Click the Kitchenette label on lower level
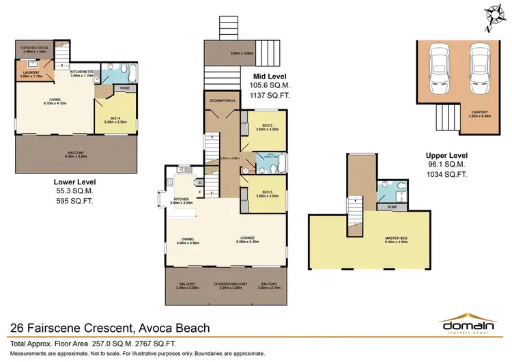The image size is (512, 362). pyautogui.click(x=81, y=74)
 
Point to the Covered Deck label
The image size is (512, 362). pyautogui.click(x=33, y=49)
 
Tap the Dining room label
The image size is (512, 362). pyautogui.click(x=186, y=240)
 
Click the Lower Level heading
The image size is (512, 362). pyautogui.click(x=74, y=182)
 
